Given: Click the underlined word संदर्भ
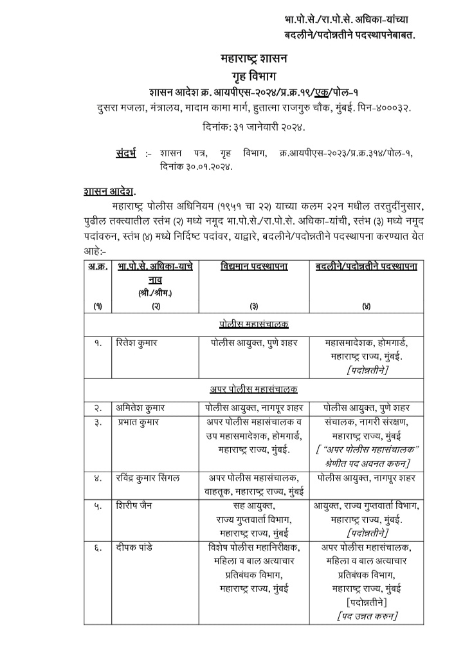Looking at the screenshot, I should [127, 154].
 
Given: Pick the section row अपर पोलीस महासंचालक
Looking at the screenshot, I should [253, 389].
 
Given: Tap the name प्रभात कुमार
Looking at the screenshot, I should [138, 422].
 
